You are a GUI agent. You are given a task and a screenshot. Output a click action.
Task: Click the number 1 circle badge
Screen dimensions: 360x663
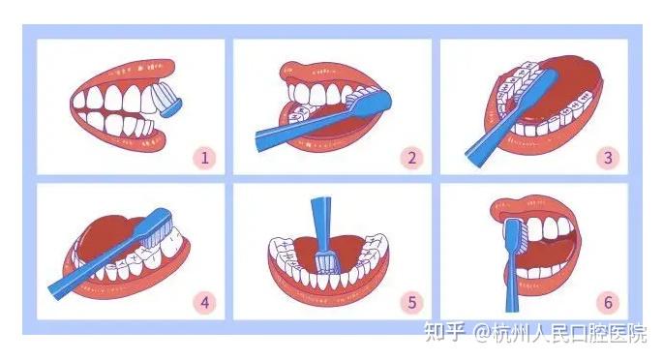tap(204, 156)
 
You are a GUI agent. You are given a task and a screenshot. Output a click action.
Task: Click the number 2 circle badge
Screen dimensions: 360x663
tap(411, 156)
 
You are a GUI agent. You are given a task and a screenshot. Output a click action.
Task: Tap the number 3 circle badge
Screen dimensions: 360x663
tap(607, 156)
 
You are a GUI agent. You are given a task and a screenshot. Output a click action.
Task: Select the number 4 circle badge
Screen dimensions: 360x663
tap(204, 302)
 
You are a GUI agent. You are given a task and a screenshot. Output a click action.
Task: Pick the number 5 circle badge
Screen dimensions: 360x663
tap(411, 302)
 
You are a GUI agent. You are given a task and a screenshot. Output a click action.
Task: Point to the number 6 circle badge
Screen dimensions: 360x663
tap(607, 302)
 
